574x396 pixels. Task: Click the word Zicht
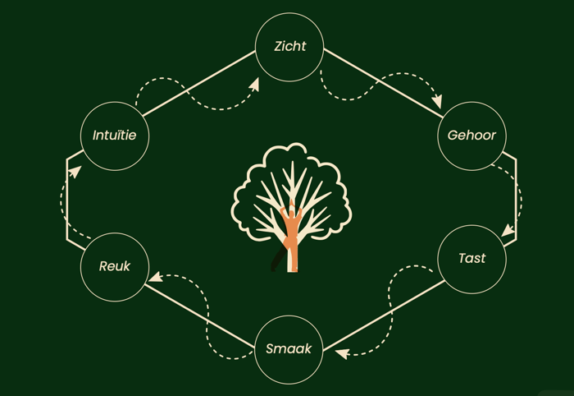290,46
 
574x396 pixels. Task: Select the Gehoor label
471,136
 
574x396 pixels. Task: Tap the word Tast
471,258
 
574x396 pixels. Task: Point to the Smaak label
289,348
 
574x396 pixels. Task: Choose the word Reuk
115,266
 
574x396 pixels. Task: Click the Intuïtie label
114,136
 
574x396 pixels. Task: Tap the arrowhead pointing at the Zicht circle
254,85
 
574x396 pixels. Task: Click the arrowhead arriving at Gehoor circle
437,100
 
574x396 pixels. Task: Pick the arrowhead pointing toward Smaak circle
342,353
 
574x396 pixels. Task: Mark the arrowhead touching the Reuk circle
156,277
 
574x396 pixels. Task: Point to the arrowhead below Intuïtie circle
75,171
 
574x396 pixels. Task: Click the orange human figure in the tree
291,235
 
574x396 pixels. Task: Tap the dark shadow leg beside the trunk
278,259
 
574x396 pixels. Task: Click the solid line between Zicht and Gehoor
383,83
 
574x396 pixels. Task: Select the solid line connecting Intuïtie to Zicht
198,84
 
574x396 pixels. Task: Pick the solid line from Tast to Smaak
384,316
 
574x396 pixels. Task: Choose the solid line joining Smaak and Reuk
199,316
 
